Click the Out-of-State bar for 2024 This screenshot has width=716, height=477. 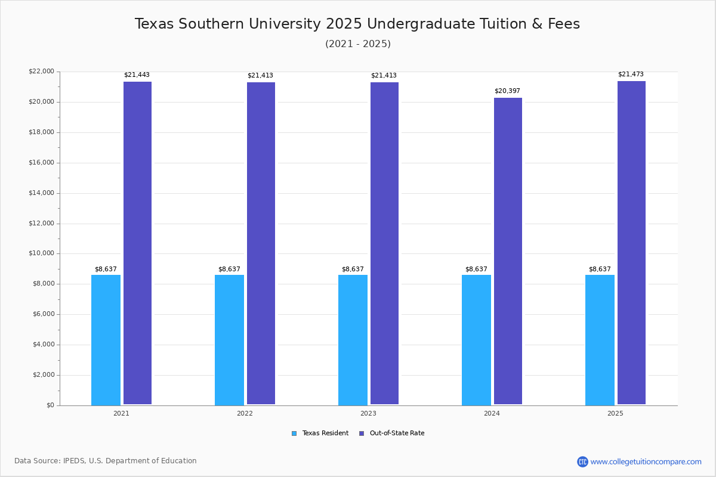508,251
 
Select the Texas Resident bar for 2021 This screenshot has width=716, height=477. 106,340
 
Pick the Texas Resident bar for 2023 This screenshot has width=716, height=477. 353,340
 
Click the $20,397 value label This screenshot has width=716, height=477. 507,91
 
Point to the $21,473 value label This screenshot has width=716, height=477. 631,75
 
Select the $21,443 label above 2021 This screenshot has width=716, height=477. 137,75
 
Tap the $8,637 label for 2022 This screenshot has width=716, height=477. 229,270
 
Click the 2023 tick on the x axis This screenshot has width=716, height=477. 368,413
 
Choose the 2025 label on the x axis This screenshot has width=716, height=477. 615,413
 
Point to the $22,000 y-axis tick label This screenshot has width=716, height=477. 41,72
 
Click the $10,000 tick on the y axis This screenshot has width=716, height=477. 41,253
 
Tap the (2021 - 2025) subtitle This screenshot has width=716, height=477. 358,44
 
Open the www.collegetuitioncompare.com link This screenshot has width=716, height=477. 646,461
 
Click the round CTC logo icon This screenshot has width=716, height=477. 582,461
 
